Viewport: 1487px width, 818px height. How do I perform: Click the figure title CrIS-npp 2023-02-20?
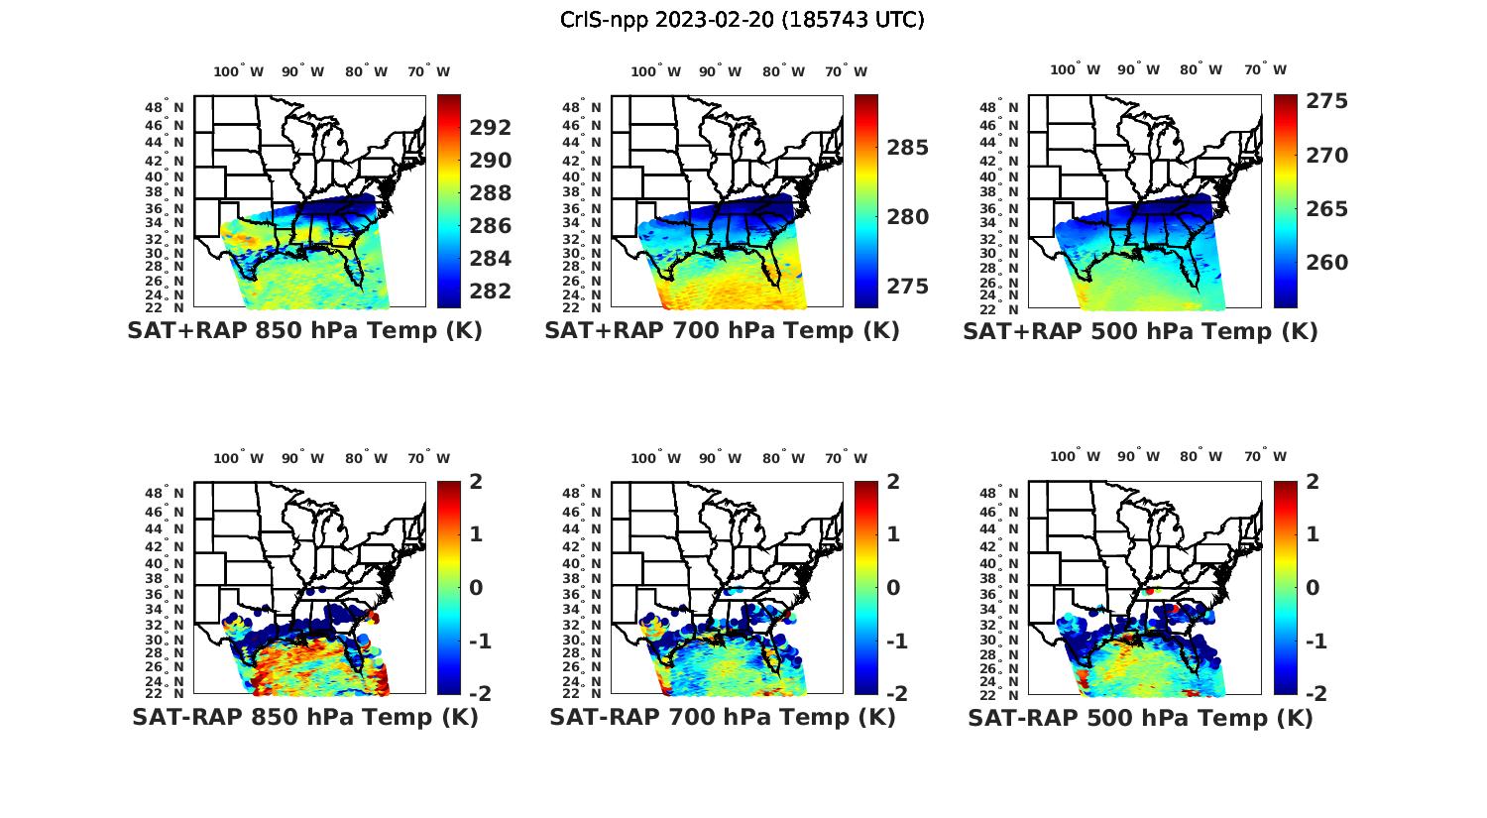point(743,19)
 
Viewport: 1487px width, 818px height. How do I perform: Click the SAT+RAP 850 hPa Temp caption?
point(304,331)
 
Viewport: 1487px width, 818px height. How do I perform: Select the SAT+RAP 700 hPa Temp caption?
point(722,331)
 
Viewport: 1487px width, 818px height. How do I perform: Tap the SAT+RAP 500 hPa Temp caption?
point(1140,331)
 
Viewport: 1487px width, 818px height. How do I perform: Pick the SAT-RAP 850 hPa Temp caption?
point(304,717)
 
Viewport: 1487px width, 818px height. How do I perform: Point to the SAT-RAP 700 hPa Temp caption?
point(722,717)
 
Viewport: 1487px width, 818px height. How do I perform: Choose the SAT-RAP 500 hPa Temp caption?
point(1140,718)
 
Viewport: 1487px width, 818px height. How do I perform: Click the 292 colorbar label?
point(491,128)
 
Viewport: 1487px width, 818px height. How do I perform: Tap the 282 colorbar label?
point(491,292)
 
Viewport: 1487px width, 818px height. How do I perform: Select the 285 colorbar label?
point(908,148)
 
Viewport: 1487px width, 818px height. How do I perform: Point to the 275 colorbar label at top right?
point(1326,101)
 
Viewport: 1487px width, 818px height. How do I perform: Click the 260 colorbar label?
point(1326,263)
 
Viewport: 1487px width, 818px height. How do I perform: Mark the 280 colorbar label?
point(908,217)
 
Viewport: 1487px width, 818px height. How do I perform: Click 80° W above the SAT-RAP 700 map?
point(783,458)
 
